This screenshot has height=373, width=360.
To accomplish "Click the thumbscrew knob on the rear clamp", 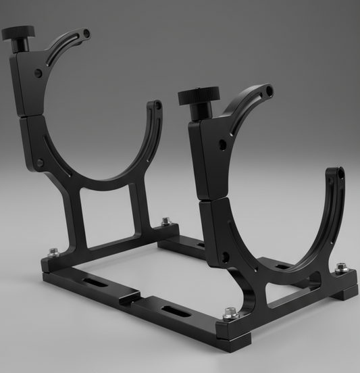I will pyautogui.click(x=18, y=33).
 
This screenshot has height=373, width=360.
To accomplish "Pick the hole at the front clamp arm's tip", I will pyautogui.click(x=270, y=89).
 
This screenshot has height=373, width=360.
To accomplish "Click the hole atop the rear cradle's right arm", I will pyautogui.click(x=157, y=105).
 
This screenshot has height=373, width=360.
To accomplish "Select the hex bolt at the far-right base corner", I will pyautogui.click(x=342, y=268).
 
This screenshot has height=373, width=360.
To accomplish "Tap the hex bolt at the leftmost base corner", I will pyautogui.click(x=53, y=253).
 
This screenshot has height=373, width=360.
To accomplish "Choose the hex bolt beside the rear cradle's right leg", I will pyautogui.click(x=165, y=222).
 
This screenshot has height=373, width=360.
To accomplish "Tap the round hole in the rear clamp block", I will pyautogui.click(x=38, y=72).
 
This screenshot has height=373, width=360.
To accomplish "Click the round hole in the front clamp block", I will pyautogui.click(x=222, y=143).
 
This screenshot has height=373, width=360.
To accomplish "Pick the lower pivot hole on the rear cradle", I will pyautogui.click(x=40, y=163).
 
